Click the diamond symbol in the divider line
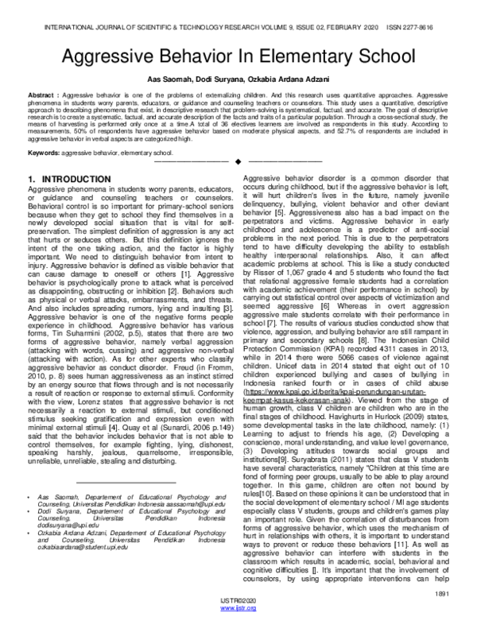(238, 162)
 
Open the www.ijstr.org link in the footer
(238, 610)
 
